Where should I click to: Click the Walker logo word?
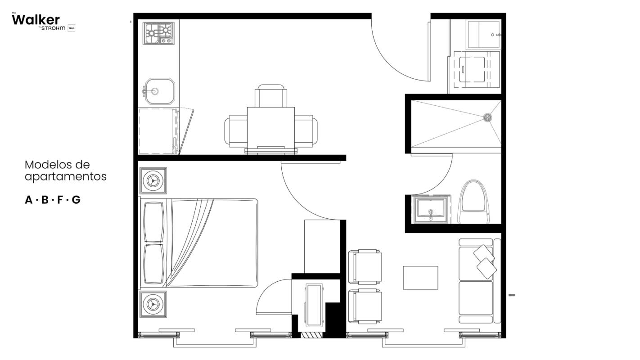(36, 20)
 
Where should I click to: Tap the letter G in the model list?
(76, 200)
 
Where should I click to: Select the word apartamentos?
(66, 176)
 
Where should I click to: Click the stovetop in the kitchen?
(158, 33)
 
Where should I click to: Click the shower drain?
(487, 117)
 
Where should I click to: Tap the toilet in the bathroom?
(474, 202)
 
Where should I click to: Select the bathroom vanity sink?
(431, 209)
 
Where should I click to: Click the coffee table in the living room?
(420, 278)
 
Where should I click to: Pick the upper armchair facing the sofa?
(366, 267)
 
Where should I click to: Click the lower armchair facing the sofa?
(366, 306)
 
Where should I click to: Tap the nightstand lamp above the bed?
(153, 180)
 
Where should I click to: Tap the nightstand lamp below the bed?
(153, 304)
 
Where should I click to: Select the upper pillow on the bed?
(154, 221)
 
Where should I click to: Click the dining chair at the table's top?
(270, 96)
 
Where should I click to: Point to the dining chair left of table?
(236, 130)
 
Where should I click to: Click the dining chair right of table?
(306, 130)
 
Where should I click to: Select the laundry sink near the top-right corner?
(484, 34)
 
